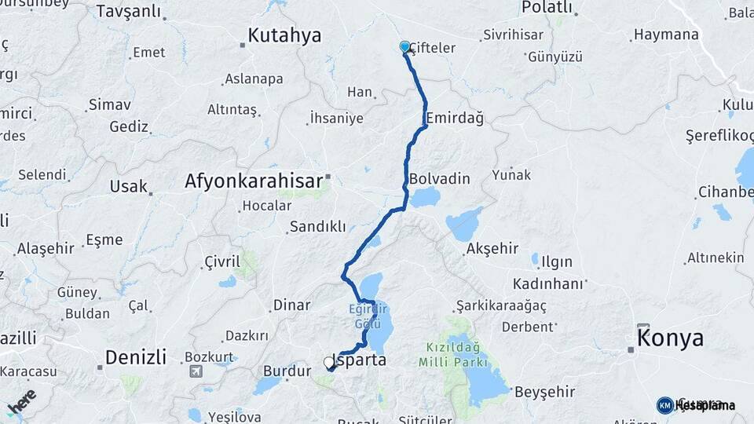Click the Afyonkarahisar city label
(253, 181)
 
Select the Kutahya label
(284, 35)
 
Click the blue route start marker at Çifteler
(405, 47)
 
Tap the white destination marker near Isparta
(329, 363)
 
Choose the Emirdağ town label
(454, 118)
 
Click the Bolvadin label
(439, 179)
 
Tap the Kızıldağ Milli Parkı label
(456, 353)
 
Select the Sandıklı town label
(317, 226)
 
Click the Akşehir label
(492, 248)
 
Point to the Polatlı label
(547, 7)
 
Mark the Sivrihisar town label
(514, 35)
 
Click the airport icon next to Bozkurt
(195, 371)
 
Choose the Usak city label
(129, 186)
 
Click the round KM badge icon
(664, 405)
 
